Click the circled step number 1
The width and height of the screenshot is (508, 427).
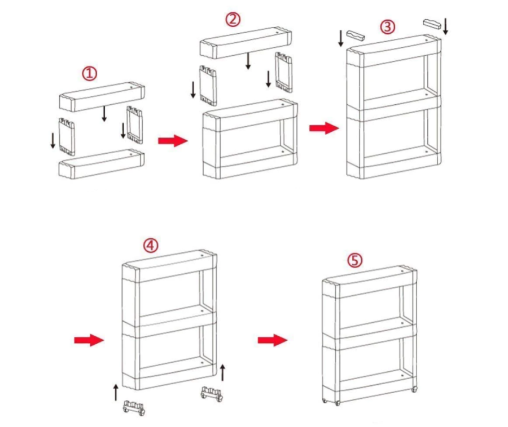click(x=90, y=73)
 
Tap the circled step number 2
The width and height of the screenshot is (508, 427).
click(x=233, y=19)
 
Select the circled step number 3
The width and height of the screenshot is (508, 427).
click(x=387, y=26)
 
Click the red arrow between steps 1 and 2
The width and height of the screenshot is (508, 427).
click(x=172, y=140)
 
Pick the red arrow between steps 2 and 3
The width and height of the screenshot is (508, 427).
click(x=323, y=128)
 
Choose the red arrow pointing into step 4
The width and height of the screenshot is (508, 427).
click(x=89, y=340)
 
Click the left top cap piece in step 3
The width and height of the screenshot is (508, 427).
click(x=356, y=35)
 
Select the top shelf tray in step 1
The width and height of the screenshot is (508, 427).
click(x=102, y=97)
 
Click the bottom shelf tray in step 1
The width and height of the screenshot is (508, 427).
click(x=102, y=164)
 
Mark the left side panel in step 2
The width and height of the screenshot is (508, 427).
click(x=208, y=85)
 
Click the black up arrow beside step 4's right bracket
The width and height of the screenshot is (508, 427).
click(x=223, y=372)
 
